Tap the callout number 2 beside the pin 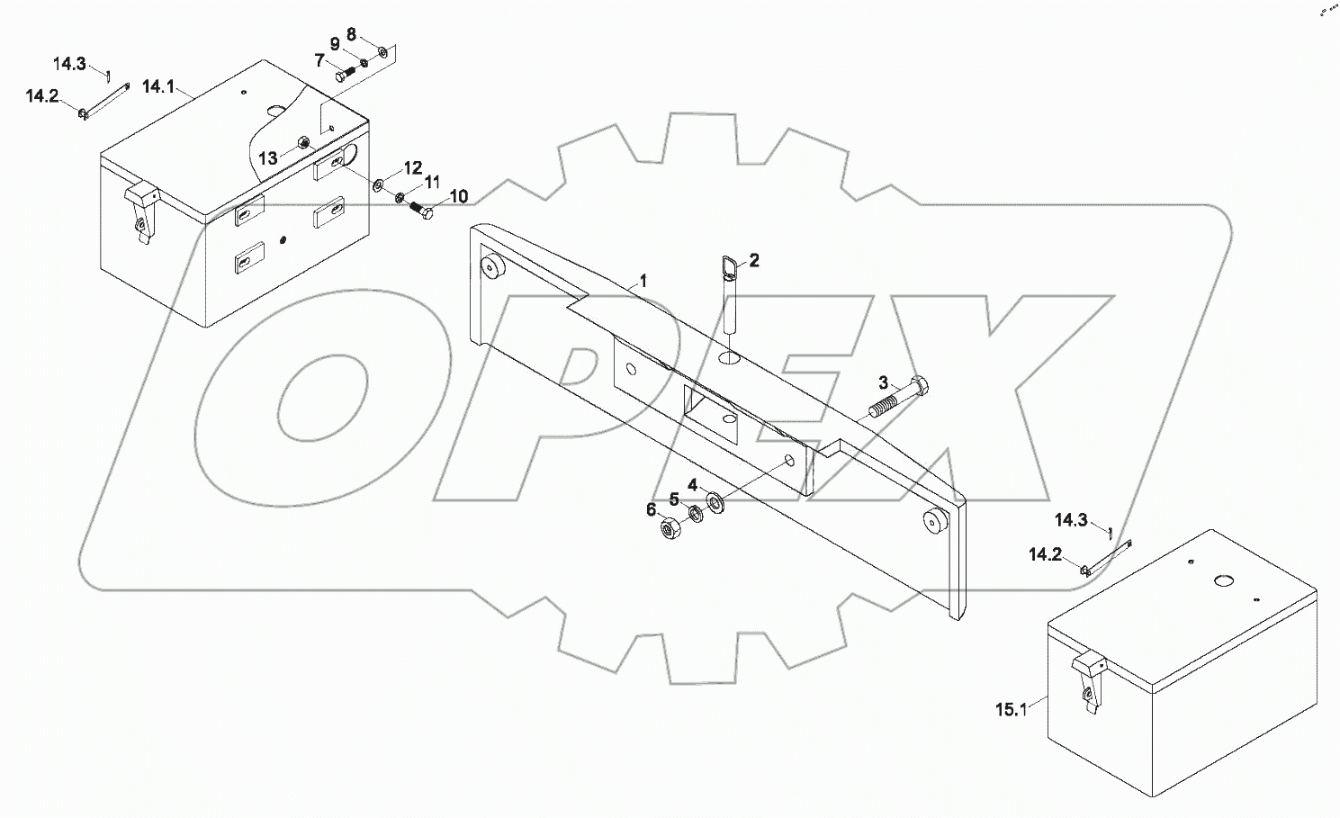tap(754, 260)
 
